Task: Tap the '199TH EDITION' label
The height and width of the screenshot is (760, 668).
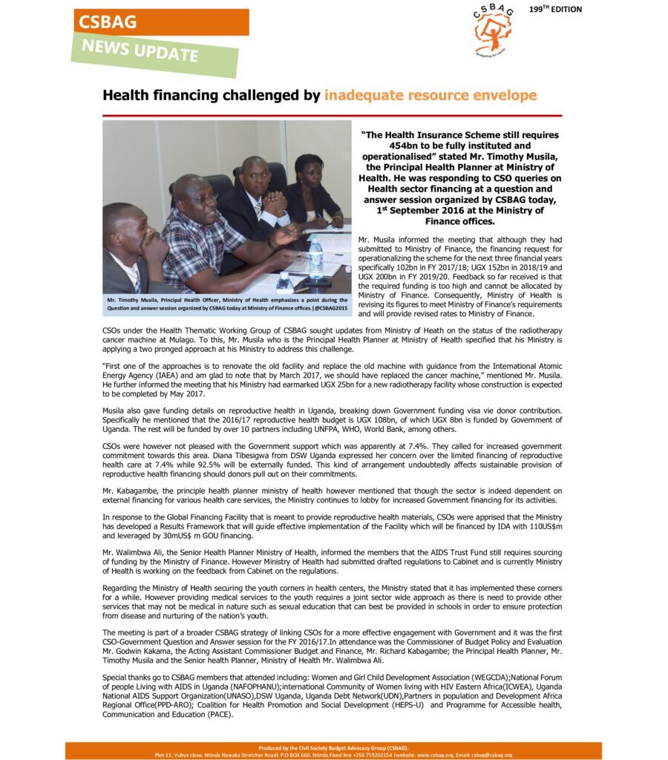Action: click(556, 10)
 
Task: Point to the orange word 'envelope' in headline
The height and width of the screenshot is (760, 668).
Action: click(499, 96)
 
